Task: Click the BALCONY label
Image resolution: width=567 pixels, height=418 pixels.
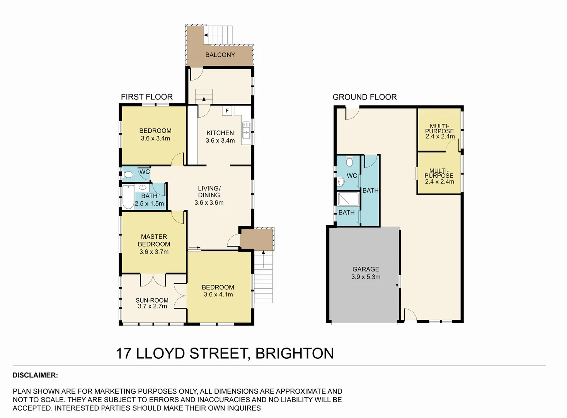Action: click(220, 55)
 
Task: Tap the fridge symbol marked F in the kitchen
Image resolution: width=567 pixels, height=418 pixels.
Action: click(227, 111)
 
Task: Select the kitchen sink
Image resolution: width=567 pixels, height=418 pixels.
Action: click(246, 130)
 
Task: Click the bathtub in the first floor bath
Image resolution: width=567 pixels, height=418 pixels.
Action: click(128, 197)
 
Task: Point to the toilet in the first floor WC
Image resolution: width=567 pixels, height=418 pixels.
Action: click(128, 175)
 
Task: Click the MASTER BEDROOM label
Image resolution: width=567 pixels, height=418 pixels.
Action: click(154, 240)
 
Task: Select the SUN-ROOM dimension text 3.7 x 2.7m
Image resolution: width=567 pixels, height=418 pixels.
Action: click(152, 307)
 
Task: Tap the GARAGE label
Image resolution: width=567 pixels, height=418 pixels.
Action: click(366, 269)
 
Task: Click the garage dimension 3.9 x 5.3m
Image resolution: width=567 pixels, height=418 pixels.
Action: click(366, 277)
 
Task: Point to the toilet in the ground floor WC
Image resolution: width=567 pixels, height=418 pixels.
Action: click(349, 161)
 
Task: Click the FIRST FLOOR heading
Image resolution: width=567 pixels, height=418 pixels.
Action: click(146, 97)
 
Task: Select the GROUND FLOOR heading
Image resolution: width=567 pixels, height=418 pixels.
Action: click(364, 97)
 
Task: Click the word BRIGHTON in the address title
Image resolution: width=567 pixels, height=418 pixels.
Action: click(295, 353)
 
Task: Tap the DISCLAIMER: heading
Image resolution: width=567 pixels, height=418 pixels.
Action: click(35, 375)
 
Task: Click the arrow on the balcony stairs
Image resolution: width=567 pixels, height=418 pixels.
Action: click(213, 35)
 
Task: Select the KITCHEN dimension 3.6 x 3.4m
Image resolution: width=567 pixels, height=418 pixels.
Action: click(220, 140)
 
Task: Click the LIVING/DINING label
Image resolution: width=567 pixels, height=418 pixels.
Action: click(209, 192)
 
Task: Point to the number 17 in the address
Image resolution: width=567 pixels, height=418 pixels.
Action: click(124, 353)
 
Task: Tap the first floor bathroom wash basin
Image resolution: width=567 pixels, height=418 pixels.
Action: click(142, 188)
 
